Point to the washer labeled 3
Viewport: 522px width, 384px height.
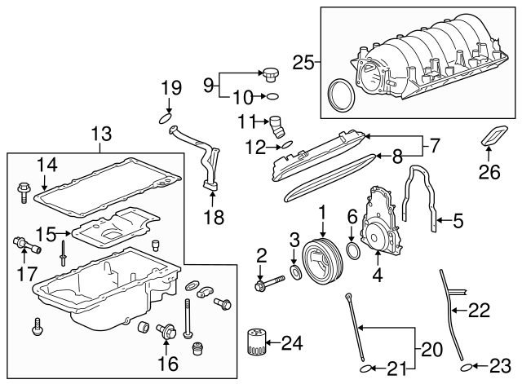pyautogui.click(x=293, y=271)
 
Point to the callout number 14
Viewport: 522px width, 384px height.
pyautogui.click(x=47, y=164)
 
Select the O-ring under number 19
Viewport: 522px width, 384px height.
pyautogui.click(x=166, y=120)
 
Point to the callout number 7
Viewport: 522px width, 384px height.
pyautogui.click(x=434, y=147)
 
